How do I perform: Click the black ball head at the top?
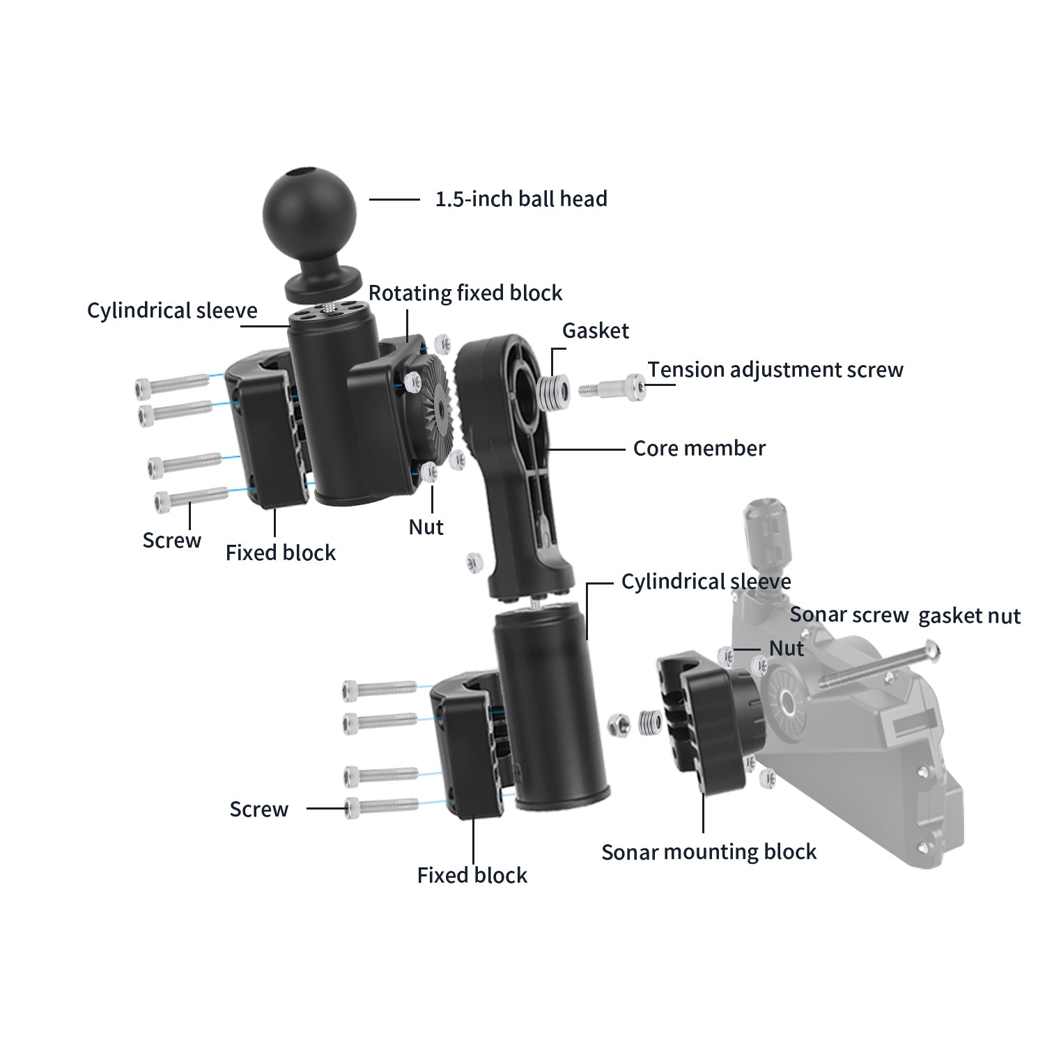[x=309, y=210]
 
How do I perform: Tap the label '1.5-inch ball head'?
[x=520, y=199]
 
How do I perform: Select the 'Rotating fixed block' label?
[x=465, y=293]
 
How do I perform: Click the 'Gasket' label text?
[x=595, y=331]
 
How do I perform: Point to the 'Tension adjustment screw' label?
[x=775, y=370]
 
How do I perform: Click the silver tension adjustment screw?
[x=613, y=387]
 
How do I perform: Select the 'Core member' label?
[x=699, y=449]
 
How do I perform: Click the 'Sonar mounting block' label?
[x=709, y=852]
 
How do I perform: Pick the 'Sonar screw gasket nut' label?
[x=904, y=616]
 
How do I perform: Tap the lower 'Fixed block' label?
[x=472, y=876]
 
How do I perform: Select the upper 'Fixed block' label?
[x=280, y=553]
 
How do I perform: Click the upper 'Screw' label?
[x=171, y=541]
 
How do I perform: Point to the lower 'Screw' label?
[x=258, y=810]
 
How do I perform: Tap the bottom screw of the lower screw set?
[x=381, y=807]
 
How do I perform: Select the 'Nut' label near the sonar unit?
[x=786, y=649]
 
